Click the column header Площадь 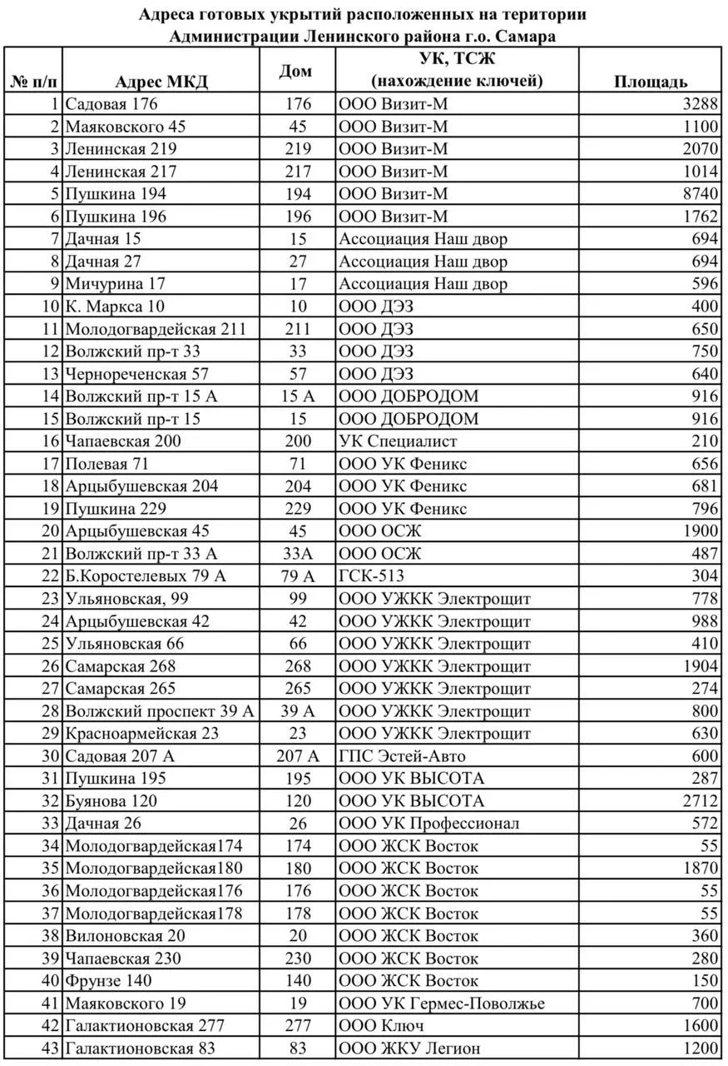coord(651,81)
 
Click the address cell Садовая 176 coord(111,104)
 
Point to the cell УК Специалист coord(398,441)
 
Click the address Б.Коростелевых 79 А coord(146,576)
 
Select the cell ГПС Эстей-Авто coord(402,756)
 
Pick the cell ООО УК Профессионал coord(428,824)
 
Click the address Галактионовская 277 coord(145,1026)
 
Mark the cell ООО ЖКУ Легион coord(409,1049)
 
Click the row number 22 coord(51,576)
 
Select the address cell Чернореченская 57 coord(136,374)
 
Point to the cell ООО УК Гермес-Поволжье coord(442,1004)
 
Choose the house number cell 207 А coord(297,756)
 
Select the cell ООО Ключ coord(382,1026)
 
